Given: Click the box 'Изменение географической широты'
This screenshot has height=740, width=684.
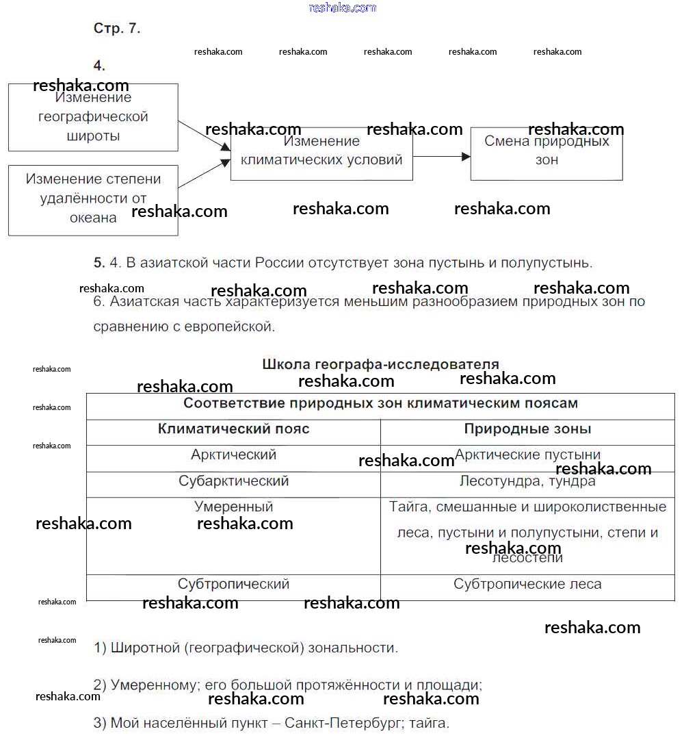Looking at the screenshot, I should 93,117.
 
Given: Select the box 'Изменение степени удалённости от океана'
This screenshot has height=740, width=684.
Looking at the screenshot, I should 93,200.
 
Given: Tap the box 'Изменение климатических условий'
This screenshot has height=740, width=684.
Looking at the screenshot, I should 321,153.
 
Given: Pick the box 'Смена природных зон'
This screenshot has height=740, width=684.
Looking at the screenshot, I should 547,153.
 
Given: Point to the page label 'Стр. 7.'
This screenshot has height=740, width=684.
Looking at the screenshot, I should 117,29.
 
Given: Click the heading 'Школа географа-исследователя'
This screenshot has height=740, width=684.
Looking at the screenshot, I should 380,364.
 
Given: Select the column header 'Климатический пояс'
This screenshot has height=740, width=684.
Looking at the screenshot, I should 233,429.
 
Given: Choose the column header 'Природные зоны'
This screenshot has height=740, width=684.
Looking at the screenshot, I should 527,429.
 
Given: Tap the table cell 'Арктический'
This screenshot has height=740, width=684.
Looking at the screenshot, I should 233,455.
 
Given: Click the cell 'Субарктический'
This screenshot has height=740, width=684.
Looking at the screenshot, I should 233,481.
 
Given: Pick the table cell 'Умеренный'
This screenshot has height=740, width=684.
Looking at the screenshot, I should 233,507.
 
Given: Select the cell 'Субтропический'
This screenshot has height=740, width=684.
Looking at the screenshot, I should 233,585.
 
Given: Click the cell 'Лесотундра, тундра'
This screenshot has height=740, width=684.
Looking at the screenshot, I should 527,482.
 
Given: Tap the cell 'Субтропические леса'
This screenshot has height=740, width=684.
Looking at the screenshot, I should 527,585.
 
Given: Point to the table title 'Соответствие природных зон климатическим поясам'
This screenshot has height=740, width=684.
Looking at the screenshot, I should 380,404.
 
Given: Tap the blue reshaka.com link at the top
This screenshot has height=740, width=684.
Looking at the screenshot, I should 342,8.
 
